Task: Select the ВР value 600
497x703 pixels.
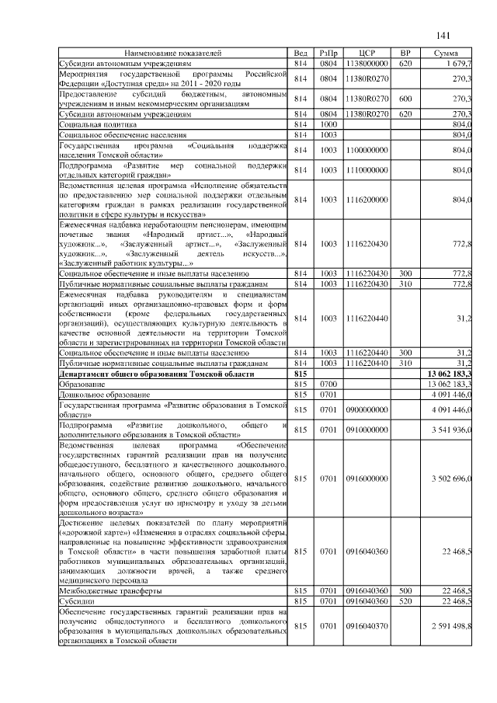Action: click(405, 99)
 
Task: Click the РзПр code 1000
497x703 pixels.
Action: click(328, 124)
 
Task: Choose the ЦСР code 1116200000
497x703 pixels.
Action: click(367, 200)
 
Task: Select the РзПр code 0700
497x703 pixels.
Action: click(328, 384)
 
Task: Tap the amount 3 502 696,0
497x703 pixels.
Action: click(451, 478)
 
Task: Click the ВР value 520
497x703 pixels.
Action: click(405, 601)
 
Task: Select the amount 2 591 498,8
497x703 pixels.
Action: click(451, 625)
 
